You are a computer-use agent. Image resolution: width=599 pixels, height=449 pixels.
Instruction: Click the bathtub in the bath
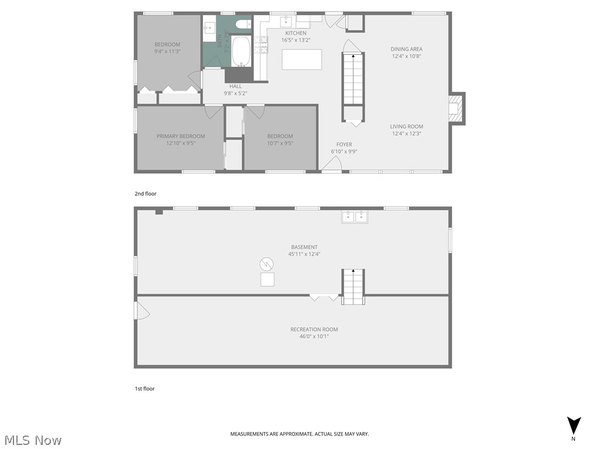click(241, 51)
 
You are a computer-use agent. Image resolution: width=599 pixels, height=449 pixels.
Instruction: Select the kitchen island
click(302, 59)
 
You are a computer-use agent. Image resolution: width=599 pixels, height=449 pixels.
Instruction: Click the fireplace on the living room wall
click(455, 108)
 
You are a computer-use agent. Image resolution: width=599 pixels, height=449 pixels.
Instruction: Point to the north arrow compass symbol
click(574, 426)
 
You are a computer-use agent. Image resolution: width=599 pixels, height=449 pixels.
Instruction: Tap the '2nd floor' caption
click(146, 194)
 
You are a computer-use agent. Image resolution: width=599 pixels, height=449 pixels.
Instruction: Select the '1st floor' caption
click(144, 388)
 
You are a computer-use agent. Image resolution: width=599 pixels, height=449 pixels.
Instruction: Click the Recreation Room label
click(314, 329)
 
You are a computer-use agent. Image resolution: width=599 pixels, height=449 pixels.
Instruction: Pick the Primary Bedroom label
click(181, 136)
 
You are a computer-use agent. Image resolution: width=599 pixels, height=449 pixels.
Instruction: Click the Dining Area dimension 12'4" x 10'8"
click(407, 56)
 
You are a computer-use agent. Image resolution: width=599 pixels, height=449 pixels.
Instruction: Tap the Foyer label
click(344, 144)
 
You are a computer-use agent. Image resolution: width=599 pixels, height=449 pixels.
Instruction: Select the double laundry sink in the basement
click(354, 217)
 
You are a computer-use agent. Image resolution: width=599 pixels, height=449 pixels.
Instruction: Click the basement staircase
click(353, 286)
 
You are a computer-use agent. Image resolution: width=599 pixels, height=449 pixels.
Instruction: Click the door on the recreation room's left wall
click(141, 310)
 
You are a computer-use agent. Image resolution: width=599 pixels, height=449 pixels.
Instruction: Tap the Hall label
click(236, 86)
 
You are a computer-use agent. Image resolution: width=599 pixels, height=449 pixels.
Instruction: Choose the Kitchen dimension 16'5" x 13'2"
click(295, 40)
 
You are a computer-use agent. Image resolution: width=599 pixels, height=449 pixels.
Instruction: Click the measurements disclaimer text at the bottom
click(299, 434)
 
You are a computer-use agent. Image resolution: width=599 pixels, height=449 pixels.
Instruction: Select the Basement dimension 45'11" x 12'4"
click(304, 254)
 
